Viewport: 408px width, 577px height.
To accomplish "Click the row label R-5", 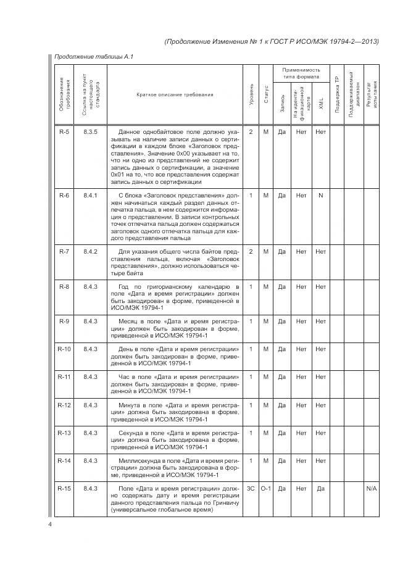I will (64, 131).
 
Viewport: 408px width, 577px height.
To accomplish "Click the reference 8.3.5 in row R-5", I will (91, 131).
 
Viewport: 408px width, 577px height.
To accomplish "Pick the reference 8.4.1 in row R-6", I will (91, 196).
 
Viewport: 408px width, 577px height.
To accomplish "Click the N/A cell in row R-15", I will (372, 488).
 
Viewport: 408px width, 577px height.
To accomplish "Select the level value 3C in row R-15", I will (251, 488).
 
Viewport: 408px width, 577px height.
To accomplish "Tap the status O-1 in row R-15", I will (266, 488).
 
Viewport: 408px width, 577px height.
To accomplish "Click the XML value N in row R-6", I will (321, 196).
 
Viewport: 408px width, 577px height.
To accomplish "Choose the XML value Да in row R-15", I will (321, 488).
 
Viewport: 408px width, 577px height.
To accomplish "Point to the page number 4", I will (50, 525).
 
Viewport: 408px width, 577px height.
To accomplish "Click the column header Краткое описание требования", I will (175, 94).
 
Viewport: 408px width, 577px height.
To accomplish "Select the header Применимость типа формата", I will (302, 74).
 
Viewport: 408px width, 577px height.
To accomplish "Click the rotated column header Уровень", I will (251, 94).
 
